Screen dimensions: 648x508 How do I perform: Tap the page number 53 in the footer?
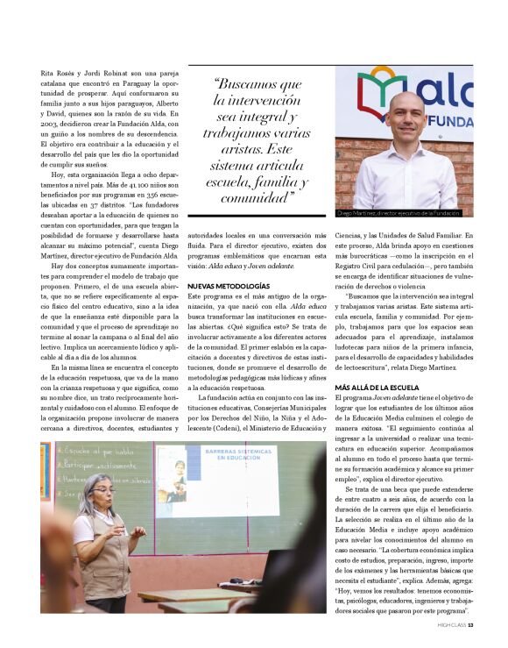coord(470,625)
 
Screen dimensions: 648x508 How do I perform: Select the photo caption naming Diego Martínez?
coord(398,213)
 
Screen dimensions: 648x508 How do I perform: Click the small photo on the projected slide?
coord(176,480)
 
